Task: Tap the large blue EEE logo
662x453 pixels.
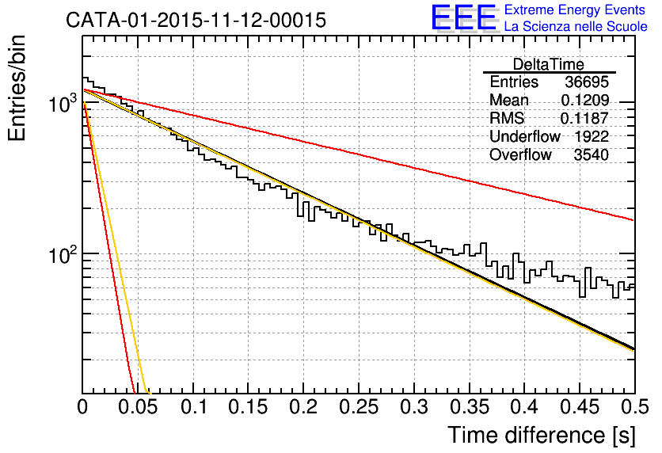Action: (x=463, y=17)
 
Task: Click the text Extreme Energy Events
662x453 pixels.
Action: (x=576, y=10)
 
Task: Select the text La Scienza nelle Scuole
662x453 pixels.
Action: (x=576, y=27)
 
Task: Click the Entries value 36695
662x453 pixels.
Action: (x=587, y=82)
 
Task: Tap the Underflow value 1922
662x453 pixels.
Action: (x=592, y=136)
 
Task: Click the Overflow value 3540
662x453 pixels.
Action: (x=592, y=154)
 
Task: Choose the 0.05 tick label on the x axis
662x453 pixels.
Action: (x=138, y=407)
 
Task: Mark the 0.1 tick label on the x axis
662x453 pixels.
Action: (x=193, y=407)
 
